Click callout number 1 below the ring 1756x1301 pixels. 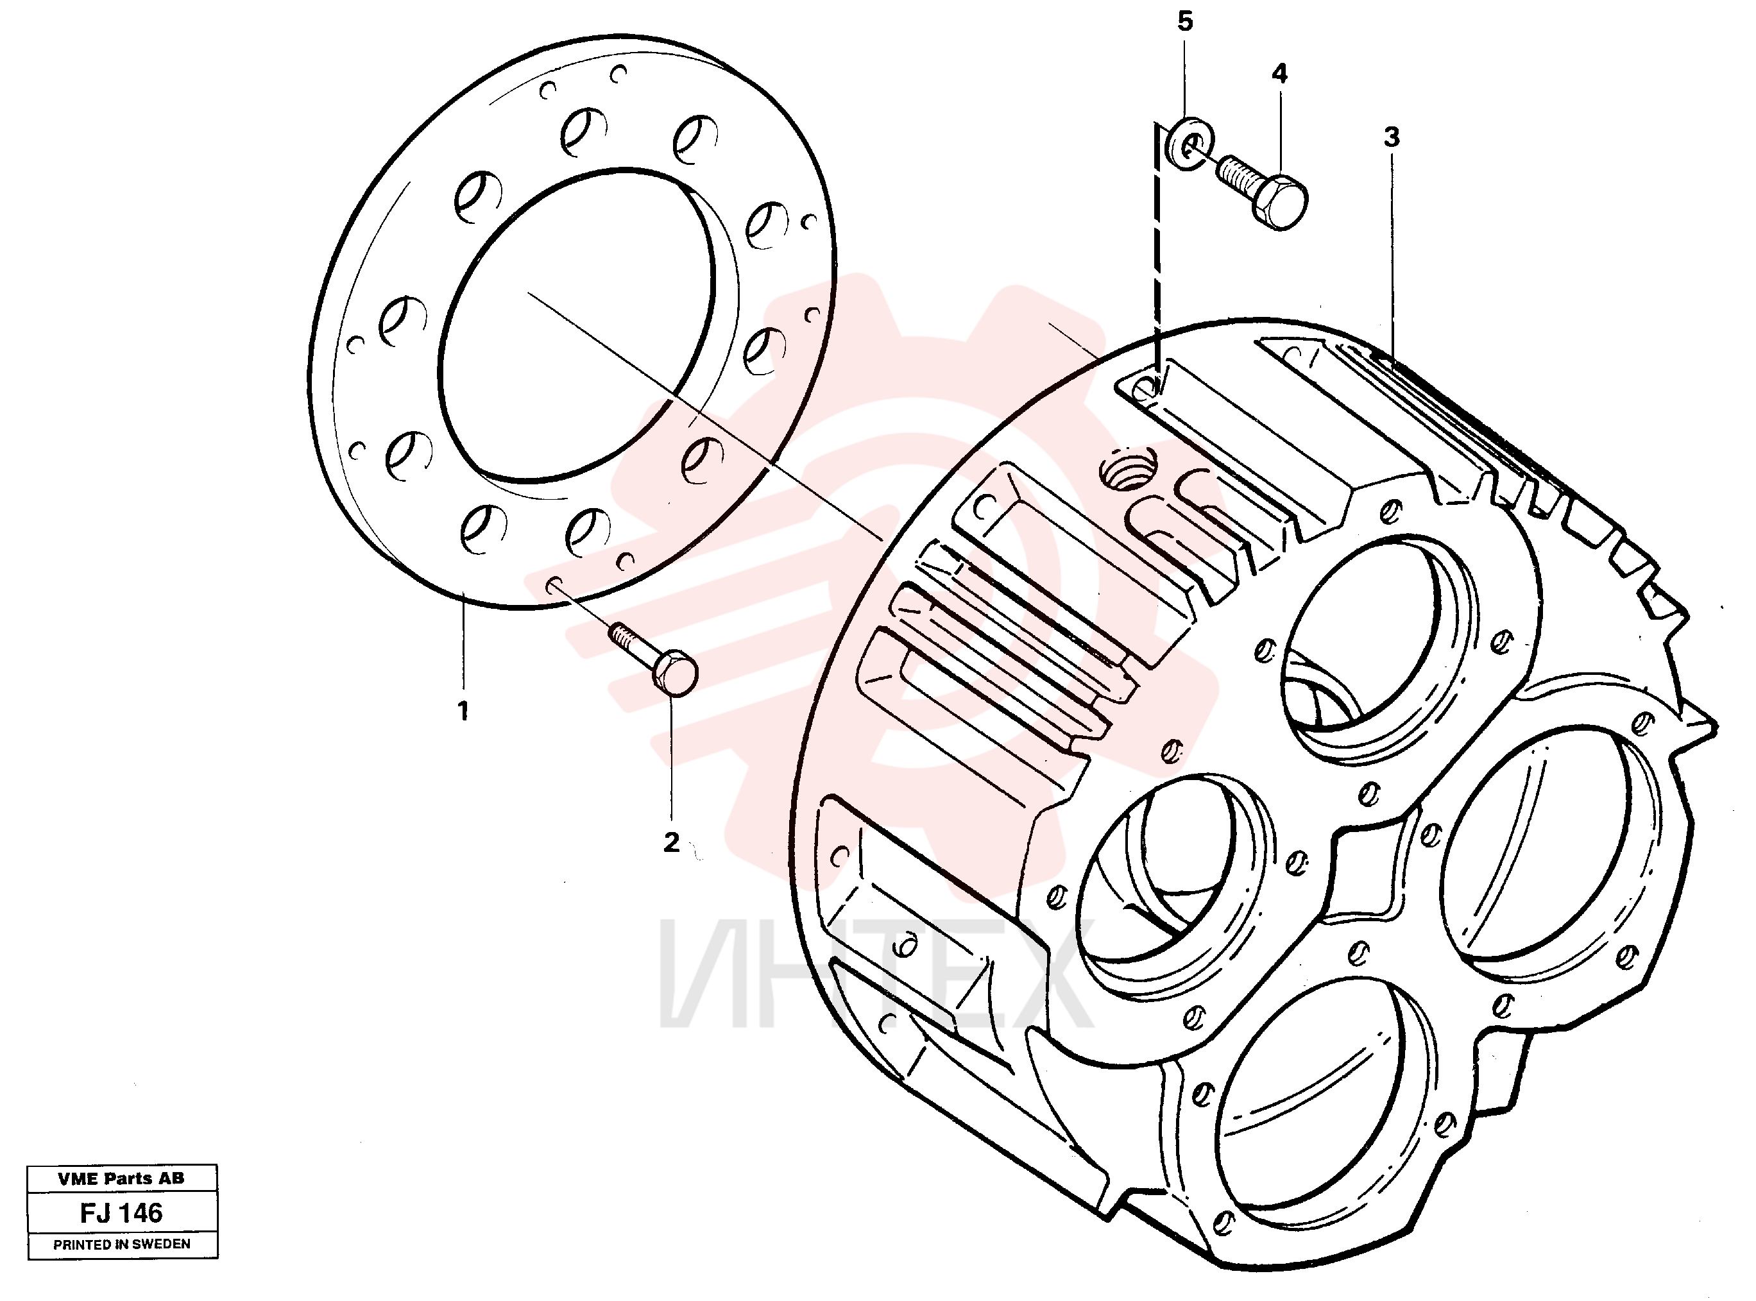[463, 711]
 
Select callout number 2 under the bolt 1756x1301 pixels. [671, 843]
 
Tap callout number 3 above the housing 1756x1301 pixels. [1392, 137]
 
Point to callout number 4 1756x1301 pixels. [1279, 73]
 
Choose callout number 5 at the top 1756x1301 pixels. [1185, 21]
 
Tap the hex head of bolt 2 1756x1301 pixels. [675, 675]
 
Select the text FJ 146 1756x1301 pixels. [121, 1213]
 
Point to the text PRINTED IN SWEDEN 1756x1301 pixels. [122, 1245]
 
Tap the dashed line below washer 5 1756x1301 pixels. [1157, 252]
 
